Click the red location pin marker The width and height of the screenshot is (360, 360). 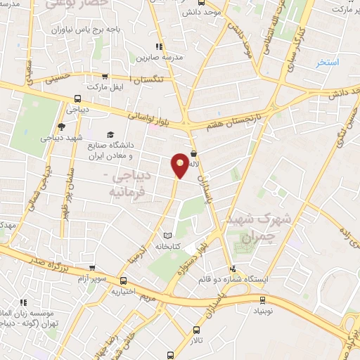(180, 165)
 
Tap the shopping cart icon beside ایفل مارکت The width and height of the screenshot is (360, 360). (105, 77)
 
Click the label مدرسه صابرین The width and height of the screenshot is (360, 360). (163, 56)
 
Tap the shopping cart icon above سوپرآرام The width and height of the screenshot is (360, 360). (93, 268)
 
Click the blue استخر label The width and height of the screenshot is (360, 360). (328, 63)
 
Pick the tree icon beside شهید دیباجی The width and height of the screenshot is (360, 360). (61, 127)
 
